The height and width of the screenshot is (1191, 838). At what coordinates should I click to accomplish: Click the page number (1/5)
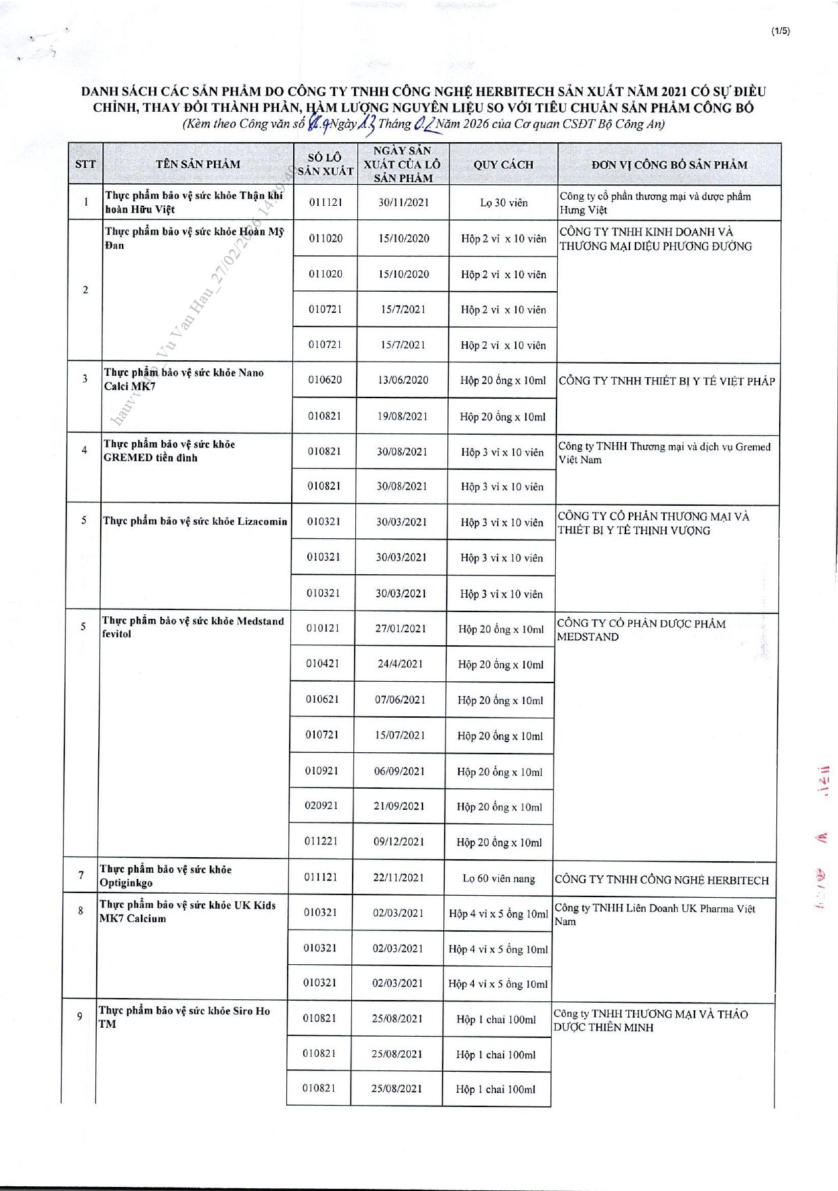coord(780,30)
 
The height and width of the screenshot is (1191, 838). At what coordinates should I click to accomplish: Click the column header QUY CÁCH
coord(503,165)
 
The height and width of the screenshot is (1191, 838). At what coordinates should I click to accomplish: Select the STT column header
coord(85,165)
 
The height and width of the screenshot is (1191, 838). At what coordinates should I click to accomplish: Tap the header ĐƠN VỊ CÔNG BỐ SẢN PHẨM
coord(669,165)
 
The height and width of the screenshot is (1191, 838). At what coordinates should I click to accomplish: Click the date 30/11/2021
coord(403,202)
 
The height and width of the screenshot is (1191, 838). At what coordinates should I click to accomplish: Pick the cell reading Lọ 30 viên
coord(504,202)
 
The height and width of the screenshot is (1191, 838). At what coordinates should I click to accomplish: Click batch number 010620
coord(325,380)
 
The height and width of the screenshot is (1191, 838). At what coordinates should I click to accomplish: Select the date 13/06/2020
coord(403,380)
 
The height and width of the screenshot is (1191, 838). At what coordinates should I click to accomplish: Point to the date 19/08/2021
coord(403,416)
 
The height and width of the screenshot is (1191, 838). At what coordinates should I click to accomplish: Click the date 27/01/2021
coord(401,628)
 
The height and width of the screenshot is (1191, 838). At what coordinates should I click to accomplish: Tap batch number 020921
coord(322,806)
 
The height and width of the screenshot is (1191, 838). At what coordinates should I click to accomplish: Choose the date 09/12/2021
coord(399,842)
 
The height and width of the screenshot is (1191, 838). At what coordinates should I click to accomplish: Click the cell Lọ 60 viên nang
coord(499,878)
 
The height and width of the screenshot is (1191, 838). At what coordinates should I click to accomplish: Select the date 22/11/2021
coord(399,878)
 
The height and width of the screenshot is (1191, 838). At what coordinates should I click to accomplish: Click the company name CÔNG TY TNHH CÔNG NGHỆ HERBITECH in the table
coord(661,880)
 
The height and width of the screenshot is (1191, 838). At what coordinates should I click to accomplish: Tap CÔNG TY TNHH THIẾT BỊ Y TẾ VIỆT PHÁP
coord(667,381)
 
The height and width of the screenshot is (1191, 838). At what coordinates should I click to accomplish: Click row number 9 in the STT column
coord(80,1016)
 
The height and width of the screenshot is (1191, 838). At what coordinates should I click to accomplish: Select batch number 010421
coord(322,664)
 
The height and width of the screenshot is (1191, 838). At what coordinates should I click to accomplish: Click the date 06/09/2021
coord(399,771)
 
